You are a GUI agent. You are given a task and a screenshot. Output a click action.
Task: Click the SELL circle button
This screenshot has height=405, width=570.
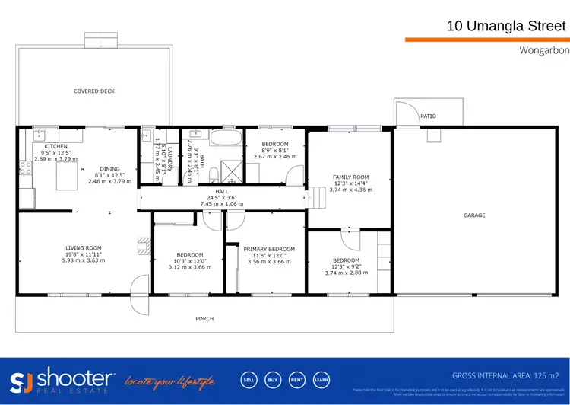[x=249, y=379]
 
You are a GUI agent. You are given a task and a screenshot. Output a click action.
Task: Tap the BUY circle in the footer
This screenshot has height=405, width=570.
[x=272, y=379]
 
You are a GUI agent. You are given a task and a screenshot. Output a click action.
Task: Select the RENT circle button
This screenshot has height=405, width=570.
[x=296, y=379]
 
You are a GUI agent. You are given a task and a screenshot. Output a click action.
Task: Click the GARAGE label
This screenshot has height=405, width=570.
[x=474, y=215]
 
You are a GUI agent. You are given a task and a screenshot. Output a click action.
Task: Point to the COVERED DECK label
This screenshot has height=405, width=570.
[x=94, y=91]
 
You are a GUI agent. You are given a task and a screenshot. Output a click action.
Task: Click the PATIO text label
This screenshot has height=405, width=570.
[x=429, y=116]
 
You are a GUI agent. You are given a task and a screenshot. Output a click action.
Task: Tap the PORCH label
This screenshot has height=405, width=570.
[x=204, y=318]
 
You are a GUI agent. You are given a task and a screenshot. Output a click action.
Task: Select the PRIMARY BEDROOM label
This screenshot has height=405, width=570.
[x=269, y=249]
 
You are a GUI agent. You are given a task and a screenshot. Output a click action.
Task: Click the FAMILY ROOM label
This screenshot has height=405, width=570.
[x=350, y=177]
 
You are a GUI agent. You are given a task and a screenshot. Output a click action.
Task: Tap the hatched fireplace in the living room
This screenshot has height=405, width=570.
[x=141, y=244]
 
